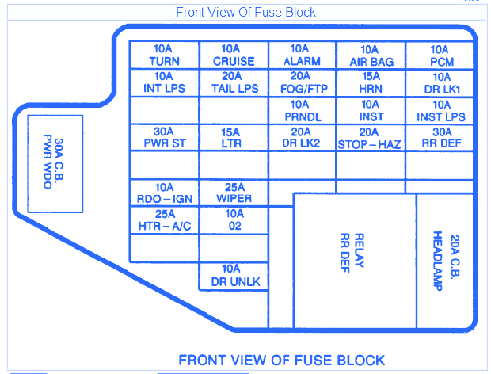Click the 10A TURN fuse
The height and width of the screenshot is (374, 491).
click(164, 55)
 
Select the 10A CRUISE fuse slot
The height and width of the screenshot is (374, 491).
click(234, 55)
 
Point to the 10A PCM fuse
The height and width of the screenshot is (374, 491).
click(441, 55)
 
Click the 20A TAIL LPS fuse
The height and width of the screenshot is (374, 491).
click(234, 83)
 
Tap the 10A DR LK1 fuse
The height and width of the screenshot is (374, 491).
click(441, 83)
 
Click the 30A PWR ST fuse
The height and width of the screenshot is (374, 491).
click(164, 138)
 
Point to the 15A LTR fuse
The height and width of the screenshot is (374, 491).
click(234, 138)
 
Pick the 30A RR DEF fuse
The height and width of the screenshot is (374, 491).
click(441, 138)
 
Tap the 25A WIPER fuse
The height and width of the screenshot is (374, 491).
click(234, 193)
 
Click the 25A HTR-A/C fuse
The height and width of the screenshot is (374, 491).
click(164, 220)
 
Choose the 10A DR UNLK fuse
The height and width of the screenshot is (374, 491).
click(234, 275)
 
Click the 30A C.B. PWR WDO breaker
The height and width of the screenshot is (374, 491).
click(55, 163)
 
